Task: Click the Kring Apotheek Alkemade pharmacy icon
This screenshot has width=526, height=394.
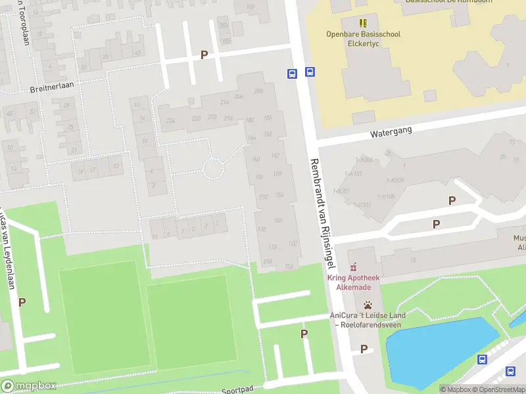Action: (354, 267)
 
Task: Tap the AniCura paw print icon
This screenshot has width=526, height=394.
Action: (368, 305)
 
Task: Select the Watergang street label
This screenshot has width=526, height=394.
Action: (391, 131)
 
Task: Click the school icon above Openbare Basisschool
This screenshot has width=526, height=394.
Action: (363, 24)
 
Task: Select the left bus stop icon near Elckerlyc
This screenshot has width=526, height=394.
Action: (291, 74)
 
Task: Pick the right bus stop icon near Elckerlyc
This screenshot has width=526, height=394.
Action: (310, 73)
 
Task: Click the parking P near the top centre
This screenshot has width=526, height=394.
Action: (204, 55)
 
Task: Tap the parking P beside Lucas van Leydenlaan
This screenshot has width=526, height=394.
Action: (22, 302)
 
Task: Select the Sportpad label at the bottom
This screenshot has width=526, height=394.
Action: (237, 389)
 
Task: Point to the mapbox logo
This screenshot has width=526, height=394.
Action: (28, 386)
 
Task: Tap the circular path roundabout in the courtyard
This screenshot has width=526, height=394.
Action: (212, 168)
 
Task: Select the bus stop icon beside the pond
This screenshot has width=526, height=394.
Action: (482, 359)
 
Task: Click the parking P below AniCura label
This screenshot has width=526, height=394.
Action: (363, 349)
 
